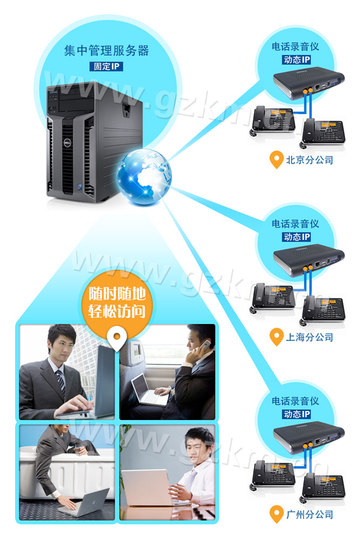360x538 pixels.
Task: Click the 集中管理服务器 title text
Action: point(106,51)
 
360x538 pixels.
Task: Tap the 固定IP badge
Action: point(106,67)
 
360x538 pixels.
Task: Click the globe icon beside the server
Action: point(144,177)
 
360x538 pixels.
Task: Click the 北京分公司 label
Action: point(309,160)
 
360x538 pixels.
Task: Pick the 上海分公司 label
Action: point(309,337)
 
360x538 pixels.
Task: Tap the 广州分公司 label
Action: point(309,514)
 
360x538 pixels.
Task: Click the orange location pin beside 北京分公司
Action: point(276,160)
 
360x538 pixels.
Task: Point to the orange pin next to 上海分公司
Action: point(276,337)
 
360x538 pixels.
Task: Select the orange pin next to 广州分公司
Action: point(276,514)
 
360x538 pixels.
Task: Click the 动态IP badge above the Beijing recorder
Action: point(297,60)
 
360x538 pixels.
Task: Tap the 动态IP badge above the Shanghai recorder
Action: point(297,237)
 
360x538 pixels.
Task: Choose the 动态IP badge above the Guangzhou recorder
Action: point(297,414)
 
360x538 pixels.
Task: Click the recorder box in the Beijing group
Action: point(309,83)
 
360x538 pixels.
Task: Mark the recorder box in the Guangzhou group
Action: point(309,437)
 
